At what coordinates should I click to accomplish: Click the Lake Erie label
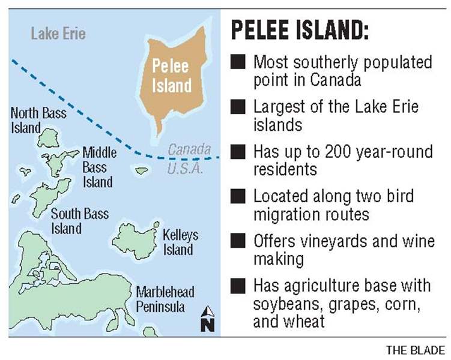click(58, 33)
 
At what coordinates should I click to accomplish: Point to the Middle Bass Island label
click(99, 166)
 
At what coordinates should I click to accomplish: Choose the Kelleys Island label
click(180, 242)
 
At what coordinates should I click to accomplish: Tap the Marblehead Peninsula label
click(165, 300)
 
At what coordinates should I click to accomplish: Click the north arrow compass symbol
click(208, 319)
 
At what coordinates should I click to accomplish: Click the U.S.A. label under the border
click(186, 169)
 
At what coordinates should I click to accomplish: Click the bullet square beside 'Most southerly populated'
click(238, 62)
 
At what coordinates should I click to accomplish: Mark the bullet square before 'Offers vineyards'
click(238, 241)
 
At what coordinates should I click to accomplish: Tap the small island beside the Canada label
click(142, 171)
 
